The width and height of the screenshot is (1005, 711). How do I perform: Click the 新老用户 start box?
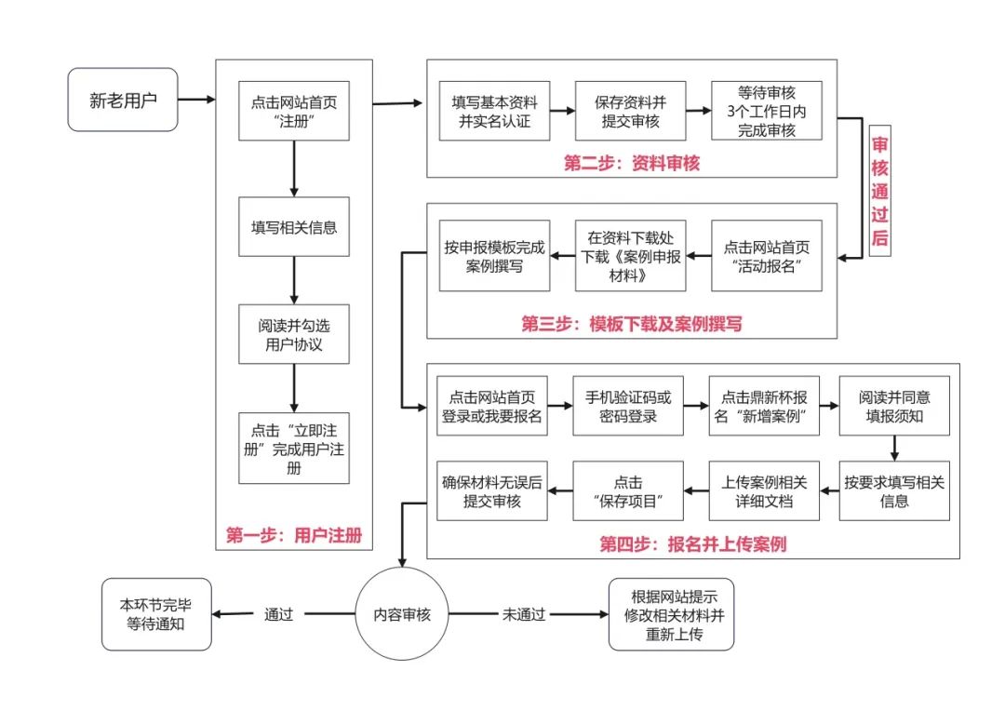pos(123,100)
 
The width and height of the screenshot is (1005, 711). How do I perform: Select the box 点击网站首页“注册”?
pos(293,111)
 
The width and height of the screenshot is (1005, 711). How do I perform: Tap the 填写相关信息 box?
pos(293,227)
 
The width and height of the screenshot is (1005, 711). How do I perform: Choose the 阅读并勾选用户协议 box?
pos(293,334)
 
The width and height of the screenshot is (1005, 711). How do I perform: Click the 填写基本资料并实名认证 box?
pos(494,111)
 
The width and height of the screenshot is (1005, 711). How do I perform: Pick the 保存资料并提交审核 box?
pos(630,111)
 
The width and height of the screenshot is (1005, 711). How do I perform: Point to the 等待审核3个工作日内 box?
pos(766,111)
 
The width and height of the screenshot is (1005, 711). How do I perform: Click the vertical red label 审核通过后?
pos(879,191)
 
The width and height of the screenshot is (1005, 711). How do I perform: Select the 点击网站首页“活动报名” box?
pos(766,256)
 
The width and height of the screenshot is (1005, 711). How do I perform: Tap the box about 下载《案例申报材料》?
pos(630,256)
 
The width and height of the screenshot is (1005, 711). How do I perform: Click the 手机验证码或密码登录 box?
pos(627,406)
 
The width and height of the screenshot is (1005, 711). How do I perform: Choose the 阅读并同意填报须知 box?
pos(894,406)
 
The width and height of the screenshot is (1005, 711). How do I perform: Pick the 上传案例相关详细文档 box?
pos(763,490)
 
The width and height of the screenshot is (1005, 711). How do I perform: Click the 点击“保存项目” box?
pos(627,490)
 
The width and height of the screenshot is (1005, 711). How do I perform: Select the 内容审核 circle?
pos(402,613)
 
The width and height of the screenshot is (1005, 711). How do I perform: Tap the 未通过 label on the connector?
pos(524,614)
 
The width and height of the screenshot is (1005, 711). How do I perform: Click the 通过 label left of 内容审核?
pos(279,614)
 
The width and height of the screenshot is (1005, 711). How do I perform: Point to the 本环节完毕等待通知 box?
pos(155,614)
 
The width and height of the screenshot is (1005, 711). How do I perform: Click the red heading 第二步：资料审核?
pos(631,163)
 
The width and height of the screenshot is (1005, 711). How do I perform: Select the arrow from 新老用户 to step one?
pos(196,100)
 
